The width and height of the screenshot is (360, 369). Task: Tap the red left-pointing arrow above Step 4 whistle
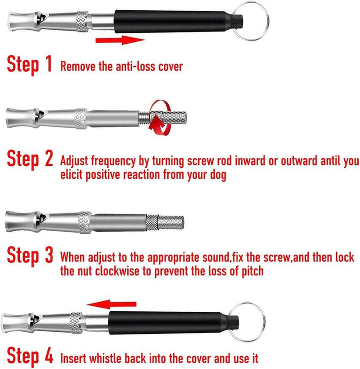112,304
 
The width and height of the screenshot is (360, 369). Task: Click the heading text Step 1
29,64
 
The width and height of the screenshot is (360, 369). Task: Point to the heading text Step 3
30,255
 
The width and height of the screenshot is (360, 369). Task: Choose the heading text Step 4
30,356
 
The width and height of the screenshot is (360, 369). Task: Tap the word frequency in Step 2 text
113,162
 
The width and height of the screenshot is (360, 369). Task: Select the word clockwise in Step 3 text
117,271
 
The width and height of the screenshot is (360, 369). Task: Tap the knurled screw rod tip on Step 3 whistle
171,222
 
